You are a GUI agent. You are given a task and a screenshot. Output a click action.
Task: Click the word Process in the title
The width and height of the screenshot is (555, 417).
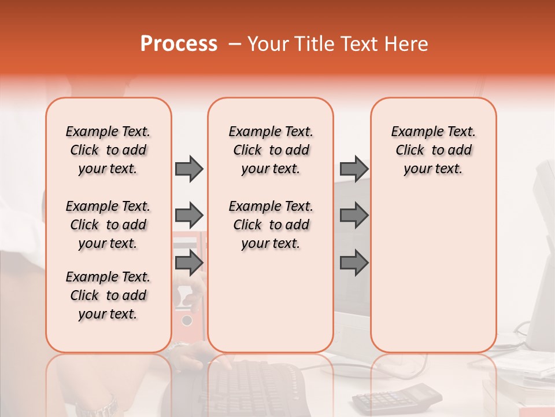coord(179,44)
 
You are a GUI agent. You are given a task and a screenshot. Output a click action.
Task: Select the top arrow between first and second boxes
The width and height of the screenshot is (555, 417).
coord(189,169)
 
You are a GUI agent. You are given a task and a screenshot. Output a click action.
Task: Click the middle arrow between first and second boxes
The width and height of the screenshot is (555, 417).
coord(189,215)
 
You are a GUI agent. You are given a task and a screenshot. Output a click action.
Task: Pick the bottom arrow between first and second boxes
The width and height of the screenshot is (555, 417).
coord(189,262)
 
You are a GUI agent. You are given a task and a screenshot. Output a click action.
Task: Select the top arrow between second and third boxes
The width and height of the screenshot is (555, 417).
coord(354,169)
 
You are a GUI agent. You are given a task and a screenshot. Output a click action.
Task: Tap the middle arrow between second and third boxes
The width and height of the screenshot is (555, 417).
coord(354,215)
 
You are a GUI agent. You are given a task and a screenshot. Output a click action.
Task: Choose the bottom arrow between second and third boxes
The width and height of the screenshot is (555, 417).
coord(354,262)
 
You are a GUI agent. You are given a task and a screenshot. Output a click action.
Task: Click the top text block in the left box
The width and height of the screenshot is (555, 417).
coord(108,150)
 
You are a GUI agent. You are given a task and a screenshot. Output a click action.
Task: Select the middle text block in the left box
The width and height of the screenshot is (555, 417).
coord(108,225)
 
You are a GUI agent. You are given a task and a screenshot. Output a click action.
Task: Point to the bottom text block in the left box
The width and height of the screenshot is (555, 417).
coord(108,295)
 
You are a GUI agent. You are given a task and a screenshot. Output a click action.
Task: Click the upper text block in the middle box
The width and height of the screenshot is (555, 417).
coord(271,150)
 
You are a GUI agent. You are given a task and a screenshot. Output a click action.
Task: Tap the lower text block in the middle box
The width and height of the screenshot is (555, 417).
coord(271,225)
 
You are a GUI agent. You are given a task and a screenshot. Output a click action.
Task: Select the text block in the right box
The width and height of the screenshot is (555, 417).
coord(433,150)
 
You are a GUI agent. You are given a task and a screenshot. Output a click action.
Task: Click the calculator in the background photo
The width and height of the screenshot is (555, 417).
coord(396,397)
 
